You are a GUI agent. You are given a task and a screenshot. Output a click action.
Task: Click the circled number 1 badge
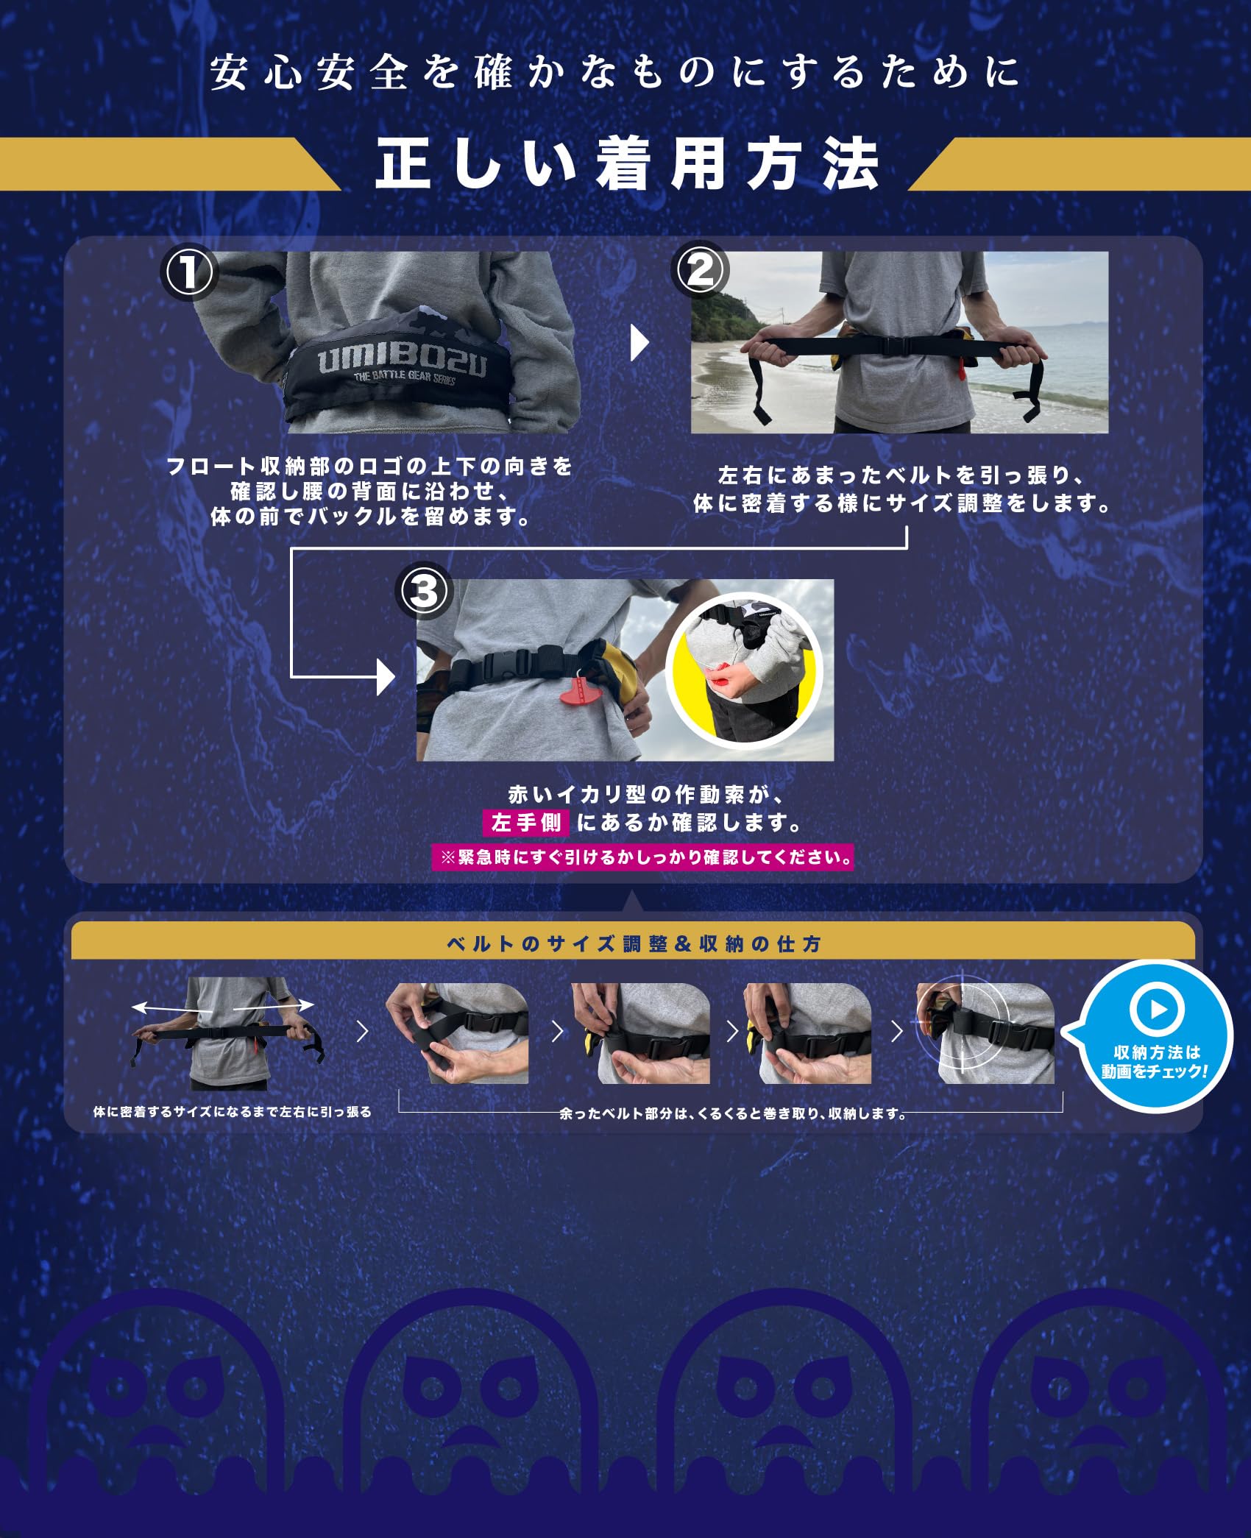click(x=188, y=272)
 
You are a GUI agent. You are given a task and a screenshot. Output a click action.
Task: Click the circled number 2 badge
click(x=699, y=270)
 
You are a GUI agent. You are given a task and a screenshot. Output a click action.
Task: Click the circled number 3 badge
click(x=423, y=591)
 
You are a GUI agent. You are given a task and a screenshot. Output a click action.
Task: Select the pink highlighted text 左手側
click(x=525, y=823)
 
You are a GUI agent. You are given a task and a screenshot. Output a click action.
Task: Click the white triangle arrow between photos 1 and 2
click(x=640, y=344)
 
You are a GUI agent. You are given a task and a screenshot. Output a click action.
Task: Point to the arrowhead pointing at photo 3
click(x=386, y=676)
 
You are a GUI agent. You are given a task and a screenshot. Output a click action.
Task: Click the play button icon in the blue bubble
click(x=1156, y=1009)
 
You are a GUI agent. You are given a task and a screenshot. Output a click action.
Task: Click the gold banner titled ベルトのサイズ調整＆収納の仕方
click(x=633, y=943)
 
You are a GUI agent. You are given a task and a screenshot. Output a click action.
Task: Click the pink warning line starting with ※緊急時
click(x=642, y=857)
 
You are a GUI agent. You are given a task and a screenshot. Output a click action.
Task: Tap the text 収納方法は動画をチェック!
click(x=1155, y=1062)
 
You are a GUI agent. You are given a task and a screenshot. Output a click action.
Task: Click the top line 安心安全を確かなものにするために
click(x=615, y=73)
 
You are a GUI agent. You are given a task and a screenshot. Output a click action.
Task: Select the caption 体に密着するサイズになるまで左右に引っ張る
click(x=233, y=1112)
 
